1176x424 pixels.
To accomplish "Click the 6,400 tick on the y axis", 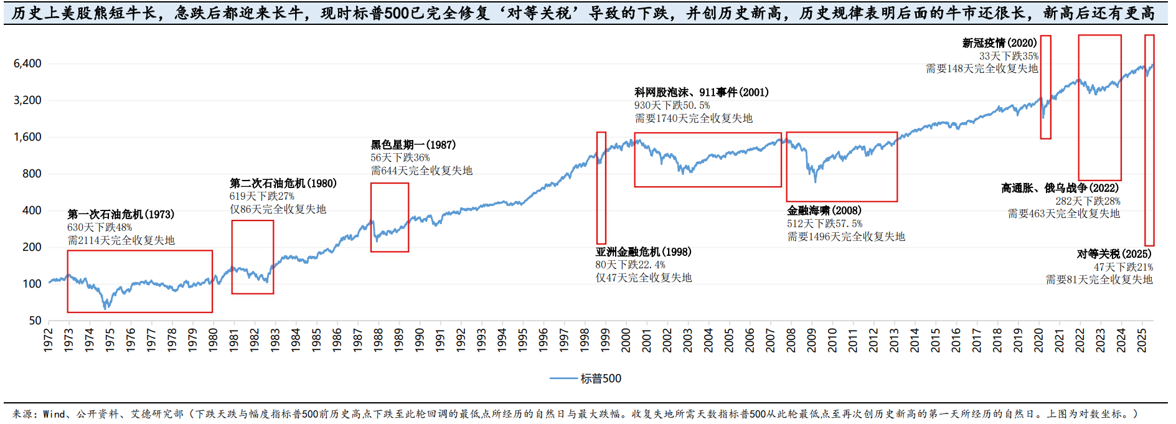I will (x=27, y=64).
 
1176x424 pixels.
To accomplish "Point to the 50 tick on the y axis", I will (x=35, y=321).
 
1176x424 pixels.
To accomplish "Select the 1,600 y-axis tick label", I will (x=27, y=137).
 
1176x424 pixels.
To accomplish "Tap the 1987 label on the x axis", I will (x=357, y=341).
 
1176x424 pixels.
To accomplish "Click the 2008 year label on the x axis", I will (x=791, y=341).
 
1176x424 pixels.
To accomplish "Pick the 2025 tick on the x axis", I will (x=1142, y=341).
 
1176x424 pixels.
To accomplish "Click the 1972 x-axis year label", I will (x=48, y=341).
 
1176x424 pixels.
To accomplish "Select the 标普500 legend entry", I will (x=600, y=379).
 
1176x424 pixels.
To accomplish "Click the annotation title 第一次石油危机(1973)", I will (x=121, y=214).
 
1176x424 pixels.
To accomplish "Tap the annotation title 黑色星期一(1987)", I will (x=413, y=144).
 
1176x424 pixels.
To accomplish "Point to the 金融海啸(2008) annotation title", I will (x=824, y=210).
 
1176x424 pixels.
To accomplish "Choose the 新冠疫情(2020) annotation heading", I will (x=999, y=42).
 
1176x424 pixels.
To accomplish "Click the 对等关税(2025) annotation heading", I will (x=1114, y=254).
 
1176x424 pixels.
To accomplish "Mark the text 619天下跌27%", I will (x=261, y=196).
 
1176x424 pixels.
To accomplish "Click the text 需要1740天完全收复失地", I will (x=694, y=118).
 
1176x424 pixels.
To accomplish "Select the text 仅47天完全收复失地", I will (x=643, y=278).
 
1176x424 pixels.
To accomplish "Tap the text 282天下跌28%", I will (x=1088, y=201).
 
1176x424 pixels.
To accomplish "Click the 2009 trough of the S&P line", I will (x=815, y=182).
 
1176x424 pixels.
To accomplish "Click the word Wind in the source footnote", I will (x=54, y=414).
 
